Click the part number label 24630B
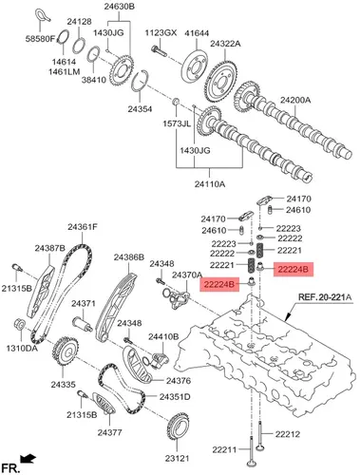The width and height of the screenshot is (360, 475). click(119, 7)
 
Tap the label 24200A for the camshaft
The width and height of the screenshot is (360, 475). click(295, 101)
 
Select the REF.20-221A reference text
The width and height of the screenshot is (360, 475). click(325, 297)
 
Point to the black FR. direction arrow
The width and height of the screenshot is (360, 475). click(28, 458)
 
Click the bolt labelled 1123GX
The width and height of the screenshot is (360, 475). click(159, 51)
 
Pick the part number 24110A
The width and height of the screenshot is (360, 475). click(210, 183)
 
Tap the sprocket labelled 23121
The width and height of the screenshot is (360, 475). click(177, 427)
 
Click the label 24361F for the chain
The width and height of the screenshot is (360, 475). click(83, 227)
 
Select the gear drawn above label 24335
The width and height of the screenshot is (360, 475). click(66, 351)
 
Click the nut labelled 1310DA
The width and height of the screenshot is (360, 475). click(20, 324)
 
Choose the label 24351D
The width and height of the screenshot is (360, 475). click(175, 396)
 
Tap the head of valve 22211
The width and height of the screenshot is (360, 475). click(252, 463)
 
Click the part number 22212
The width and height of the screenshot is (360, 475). click(287, 434)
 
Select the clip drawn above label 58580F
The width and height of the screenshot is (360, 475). click(43, 15)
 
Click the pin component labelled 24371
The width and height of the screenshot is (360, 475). click(83, 325)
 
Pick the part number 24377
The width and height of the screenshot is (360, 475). click(109, 432)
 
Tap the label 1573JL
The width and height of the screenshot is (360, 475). click(177, 123)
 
